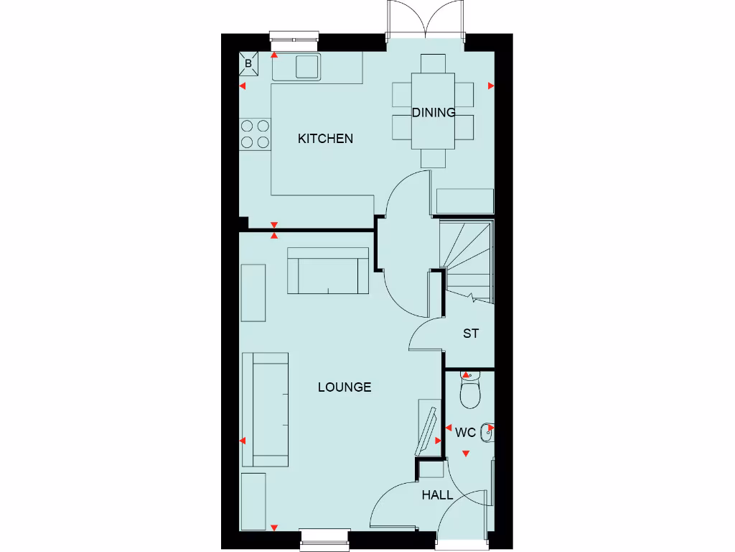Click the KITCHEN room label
325,139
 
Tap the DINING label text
434,112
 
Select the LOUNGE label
345,387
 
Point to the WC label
466,433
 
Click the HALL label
437,495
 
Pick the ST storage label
470,333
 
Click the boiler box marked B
248,63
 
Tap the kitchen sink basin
307,65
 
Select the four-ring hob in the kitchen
255,134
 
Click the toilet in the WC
470,391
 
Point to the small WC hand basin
490,431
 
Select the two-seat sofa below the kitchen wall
328,271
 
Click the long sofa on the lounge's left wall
265,410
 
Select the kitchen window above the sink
294,37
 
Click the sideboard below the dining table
464,201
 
